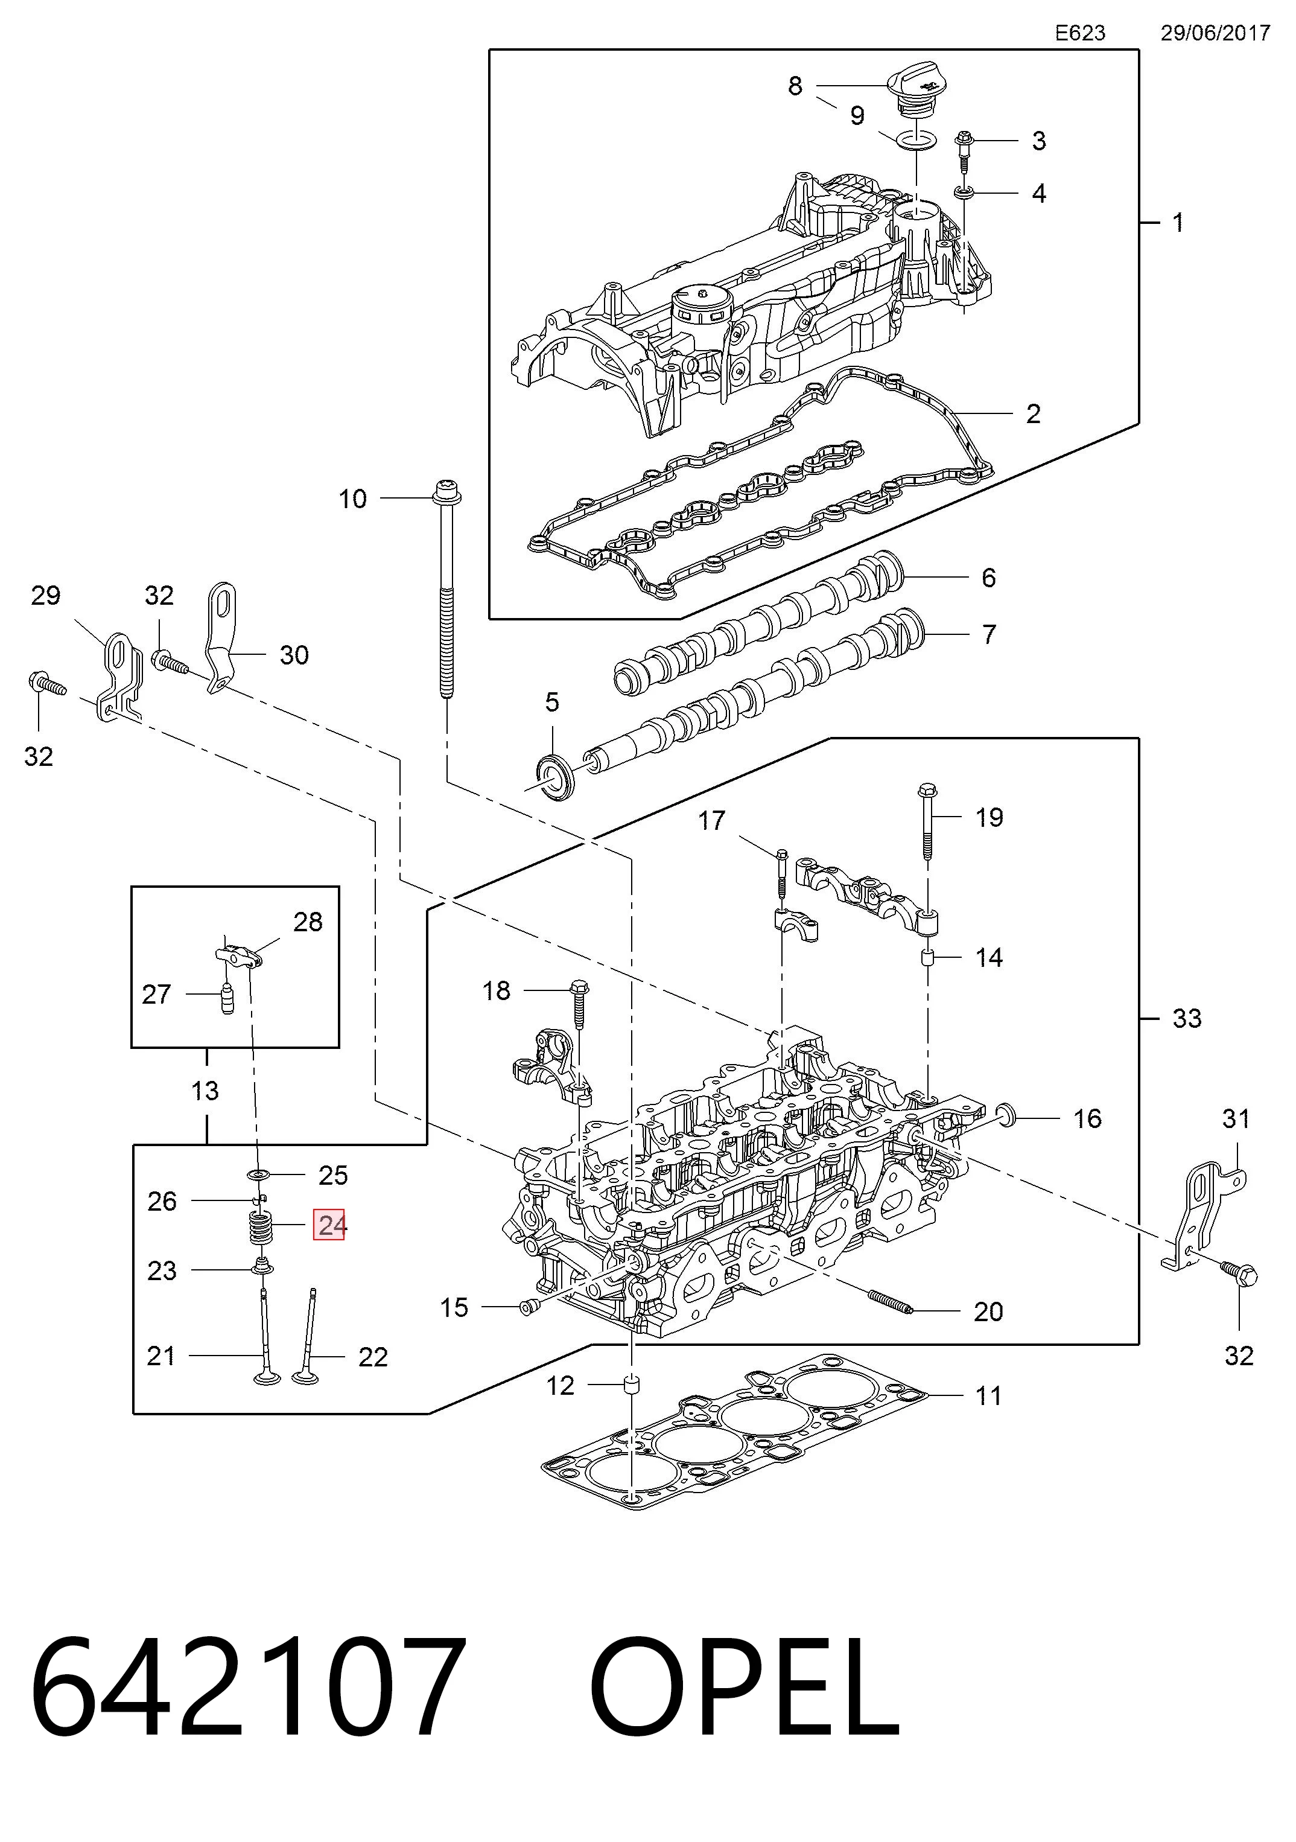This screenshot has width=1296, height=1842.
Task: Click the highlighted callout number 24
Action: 329,1225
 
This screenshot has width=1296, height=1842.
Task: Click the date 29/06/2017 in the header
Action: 1215,33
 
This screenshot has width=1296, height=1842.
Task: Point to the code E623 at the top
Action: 1079,33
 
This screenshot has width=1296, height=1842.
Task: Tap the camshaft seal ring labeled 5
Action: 553,776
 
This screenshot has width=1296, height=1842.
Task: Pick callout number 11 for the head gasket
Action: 988,1395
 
